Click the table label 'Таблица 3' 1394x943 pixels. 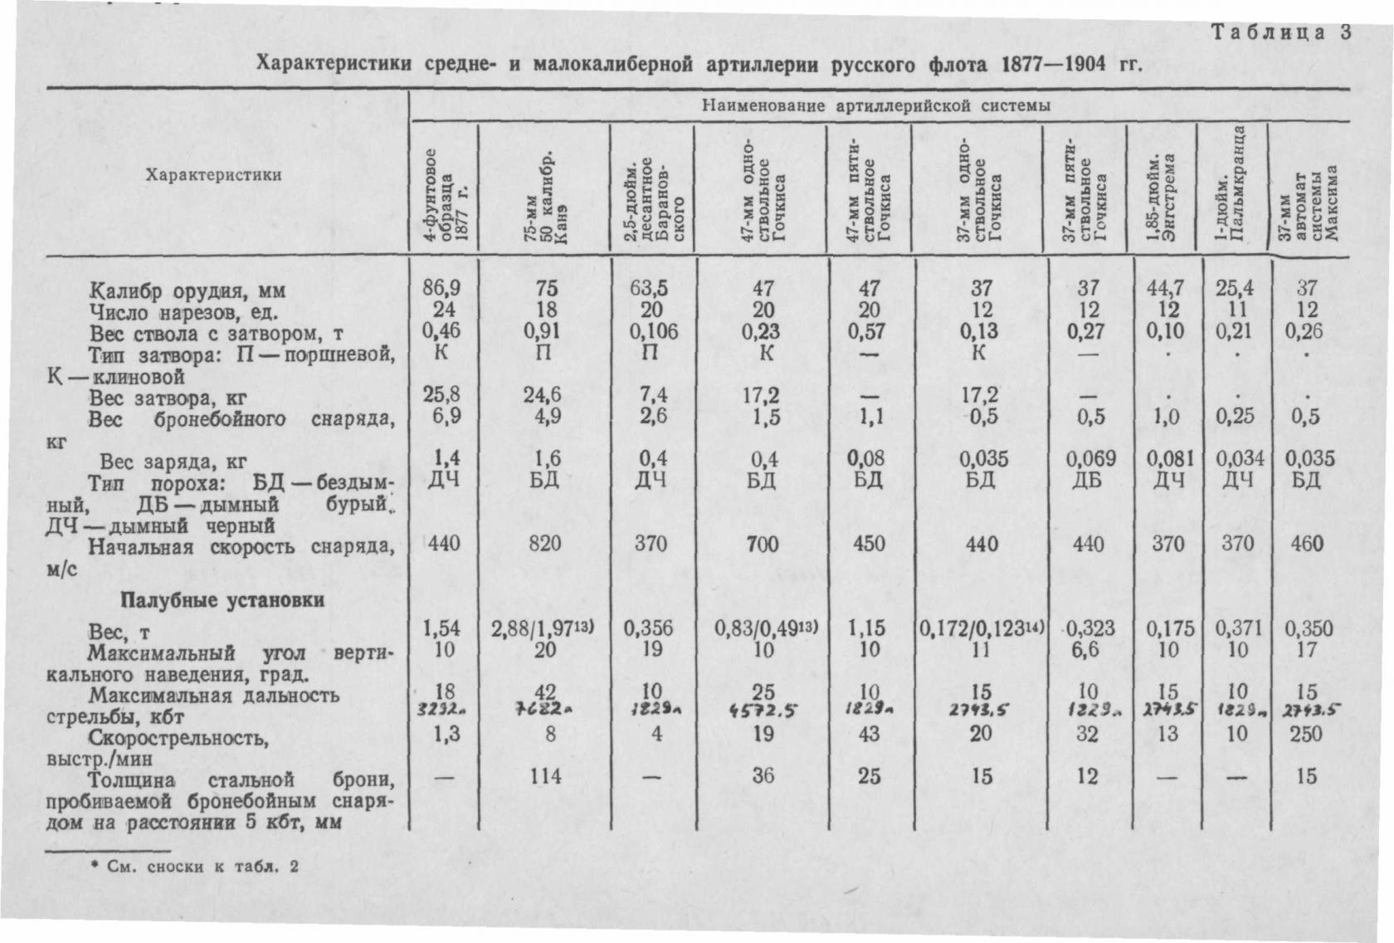point(1282,32)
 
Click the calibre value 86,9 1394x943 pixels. point(441,288)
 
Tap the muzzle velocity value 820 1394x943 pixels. point(544,544)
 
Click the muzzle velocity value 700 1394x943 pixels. point(763,544)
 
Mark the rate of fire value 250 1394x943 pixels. point(1307,734)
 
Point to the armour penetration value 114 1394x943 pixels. point(544,776)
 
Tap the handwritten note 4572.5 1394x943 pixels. point(763,711)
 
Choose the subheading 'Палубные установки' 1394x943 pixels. point(222,600)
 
